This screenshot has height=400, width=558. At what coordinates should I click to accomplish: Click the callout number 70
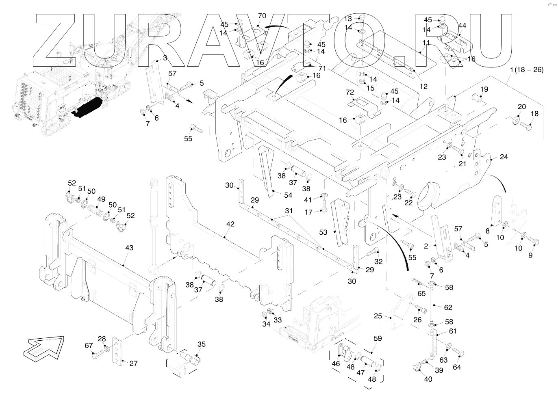coord(262,16)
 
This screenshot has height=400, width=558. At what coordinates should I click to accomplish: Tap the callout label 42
coord(230,224)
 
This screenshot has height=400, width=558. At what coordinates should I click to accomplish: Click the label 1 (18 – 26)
coord(526,69)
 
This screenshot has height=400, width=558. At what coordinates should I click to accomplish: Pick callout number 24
coord(504,157)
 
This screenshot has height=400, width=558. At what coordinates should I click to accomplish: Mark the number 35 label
coord(202,344)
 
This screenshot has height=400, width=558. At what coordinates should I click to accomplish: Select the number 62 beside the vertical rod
coord(448,307)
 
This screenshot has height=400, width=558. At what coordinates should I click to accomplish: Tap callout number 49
coord(101,199)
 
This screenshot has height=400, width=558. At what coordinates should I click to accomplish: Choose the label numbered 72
coord(350,93)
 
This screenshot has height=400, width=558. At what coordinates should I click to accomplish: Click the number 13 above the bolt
coord(348,19)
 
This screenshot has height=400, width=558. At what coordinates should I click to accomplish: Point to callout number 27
coord(134,363)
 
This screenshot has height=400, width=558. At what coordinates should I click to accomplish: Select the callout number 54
coord(288,195)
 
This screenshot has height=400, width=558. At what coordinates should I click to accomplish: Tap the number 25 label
coord(378,316)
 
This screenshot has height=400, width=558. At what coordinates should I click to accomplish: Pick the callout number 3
coord(165,58)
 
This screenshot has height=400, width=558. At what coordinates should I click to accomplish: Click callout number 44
coord(462,26)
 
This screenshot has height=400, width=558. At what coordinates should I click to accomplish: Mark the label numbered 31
coord(289,211)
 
